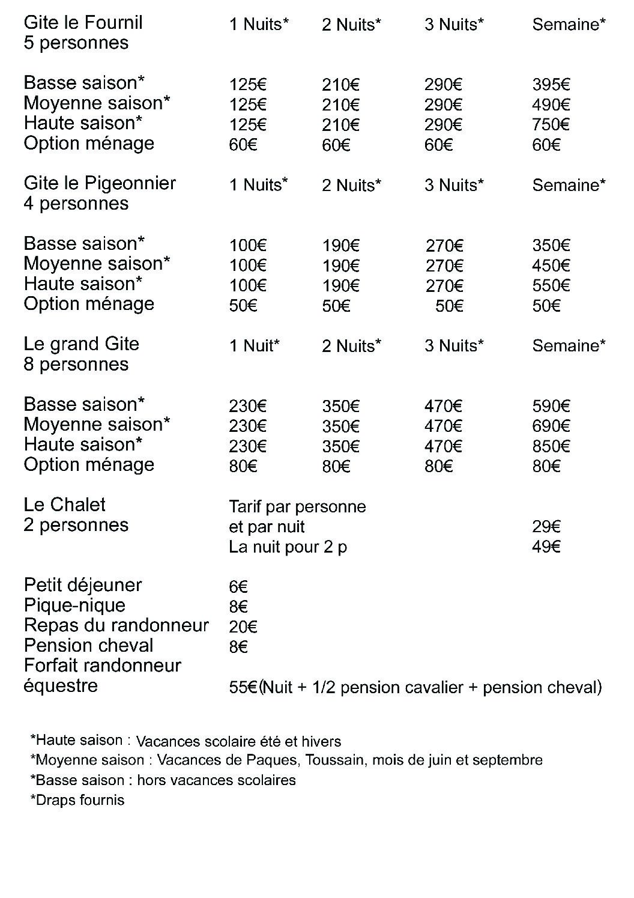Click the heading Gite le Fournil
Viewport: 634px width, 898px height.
[x=83, y=23]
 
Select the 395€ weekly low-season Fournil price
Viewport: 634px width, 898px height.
[x=551, y=85]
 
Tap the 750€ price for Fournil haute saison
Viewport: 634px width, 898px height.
[x=551, y=125]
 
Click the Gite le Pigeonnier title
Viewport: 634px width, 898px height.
[x=100, y=183]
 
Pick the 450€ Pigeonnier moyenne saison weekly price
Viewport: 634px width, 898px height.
[x=551, y=265]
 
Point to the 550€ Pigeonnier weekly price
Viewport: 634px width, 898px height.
[x=551, y=285]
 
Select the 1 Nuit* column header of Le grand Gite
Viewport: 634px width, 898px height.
[x=254, y=346]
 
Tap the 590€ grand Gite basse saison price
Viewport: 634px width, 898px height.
[x=551, y=406]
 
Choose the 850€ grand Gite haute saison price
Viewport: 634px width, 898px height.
[x=551, y=446]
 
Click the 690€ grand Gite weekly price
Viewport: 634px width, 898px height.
[x=551, y=426]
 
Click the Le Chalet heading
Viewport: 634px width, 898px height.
[x=64, y=505]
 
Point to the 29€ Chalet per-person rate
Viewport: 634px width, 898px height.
[x=546, y=527]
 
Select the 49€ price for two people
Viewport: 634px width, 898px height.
[x=546, y=547]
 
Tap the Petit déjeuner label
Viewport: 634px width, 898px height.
[x=83, y=585]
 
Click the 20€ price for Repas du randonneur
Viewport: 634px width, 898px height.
[x=243, y=627]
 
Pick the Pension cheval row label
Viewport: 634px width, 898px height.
[x=88, y=646]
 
